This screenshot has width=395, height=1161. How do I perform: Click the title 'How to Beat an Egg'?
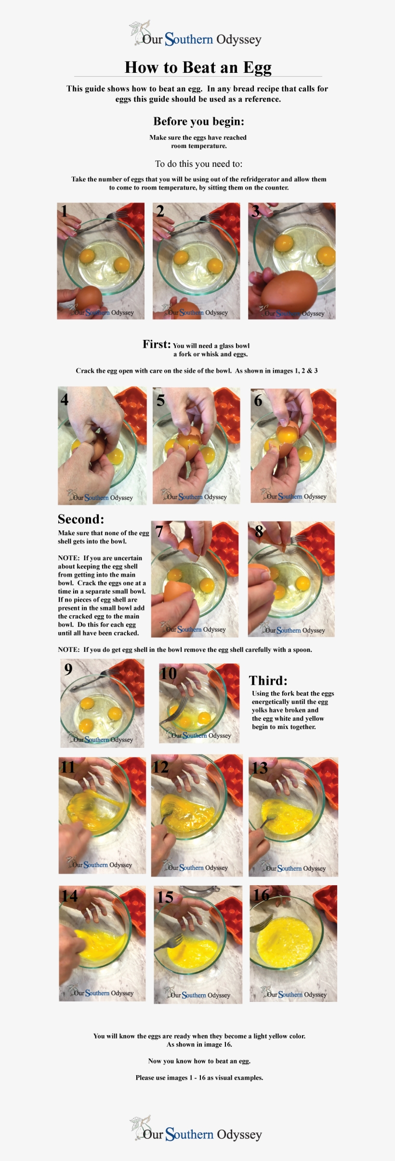pyautogui.click(x=198, y=67)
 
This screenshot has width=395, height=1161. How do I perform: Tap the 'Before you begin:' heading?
pyautogui.click(x=198, y=121)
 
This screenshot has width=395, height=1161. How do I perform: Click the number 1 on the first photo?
pyautogui.click(x=65, y=211)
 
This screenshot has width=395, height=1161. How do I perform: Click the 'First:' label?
pyautogui.click(x=157, y=344)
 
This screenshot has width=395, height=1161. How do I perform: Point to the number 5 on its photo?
pyautogui.click(x=161, y=400)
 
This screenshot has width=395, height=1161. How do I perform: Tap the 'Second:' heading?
pyautogui.click(x=80, y=519)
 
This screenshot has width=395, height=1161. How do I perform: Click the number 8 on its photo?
pyautogui.click(x=259, y=531)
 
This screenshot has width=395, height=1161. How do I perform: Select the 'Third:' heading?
pyautogui.click(x=268, y=681)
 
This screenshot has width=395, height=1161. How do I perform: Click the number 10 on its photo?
pyautogui.click(x=169, y=673)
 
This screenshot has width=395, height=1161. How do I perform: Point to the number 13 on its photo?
pyautogui.click(x=260, y=768)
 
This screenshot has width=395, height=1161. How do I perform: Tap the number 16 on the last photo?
pyautogui.click(x=261, y=895)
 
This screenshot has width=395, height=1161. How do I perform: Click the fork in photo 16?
pyautogui.click(x=261, y=922)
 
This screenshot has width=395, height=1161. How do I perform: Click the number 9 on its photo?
pyautogui.click(x=68, y=669)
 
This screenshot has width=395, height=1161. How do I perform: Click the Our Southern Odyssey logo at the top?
pyautogui.click(x=196, y=35)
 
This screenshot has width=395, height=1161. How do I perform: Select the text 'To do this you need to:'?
pyautogui.click(x=198, y=164)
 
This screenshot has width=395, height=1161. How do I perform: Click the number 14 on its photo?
pyautogui.click(x=69, y=896)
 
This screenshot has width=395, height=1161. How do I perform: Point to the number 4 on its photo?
pyautogui.click(x=65, y=399)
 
